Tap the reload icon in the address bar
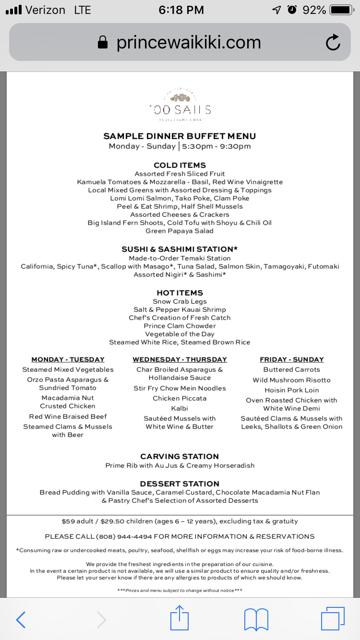(x=333, y=43)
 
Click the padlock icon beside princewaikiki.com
(x=103, y=43)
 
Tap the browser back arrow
(x=21, y=619)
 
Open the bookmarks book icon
(x=256, y=619)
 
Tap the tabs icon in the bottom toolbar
(x=332, y=619)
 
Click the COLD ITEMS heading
(x=180, y=165)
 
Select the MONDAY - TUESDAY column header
(x=68, y=359)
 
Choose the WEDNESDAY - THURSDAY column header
(x=180, y=359)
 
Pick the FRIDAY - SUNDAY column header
(x=291, y=359)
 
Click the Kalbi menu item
(x=180, y=408)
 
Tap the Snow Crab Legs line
(x=180, y=301)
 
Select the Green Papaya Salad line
(x=180, y=231)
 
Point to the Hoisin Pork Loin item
(x=291, y=390)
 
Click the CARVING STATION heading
(x=180, y=456)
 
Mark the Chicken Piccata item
(x=180, y=398)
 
